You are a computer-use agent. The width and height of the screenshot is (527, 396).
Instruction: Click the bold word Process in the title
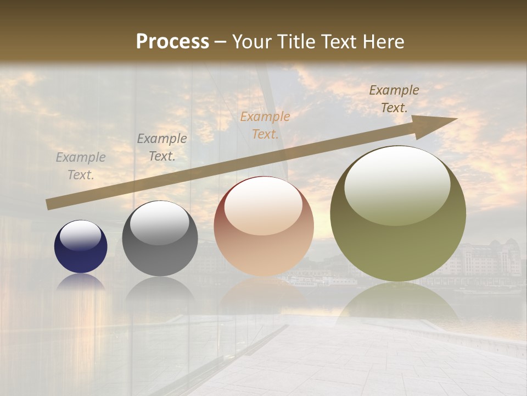click(172, 42)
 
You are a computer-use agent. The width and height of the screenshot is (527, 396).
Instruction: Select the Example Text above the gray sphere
click(162, 147)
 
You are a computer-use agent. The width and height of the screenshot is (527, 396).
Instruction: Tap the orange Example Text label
click(265, 125)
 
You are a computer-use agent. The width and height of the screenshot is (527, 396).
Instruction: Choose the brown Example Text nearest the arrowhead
click(394, 98)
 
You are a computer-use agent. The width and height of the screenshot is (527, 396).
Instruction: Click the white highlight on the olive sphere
click(397, 184)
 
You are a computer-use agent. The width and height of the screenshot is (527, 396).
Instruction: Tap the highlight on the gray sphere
click(160, 222)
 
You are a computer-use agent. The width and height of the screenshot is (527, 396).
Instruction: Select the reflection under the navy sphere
click(81, 282)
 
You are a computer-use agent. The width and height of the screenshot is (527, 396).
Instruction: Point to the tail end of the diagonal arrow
click(49, 205)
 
